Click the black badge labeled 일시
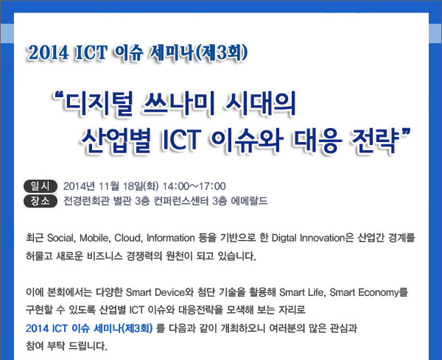point(41,186)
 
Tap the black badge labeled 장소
point(41,201)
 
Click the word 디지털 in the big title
point(99,104)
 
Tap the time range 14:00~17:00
point(194,186)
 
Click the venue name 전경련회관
point(86,201)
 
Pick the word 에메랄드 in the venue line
point(249,201)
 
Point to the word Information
point(171,238)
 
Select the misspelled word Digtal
point(284,238)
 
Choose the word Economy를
point(383,292)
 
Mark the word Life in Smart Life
point(315,292)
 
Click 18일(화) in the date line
point(141,186)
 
